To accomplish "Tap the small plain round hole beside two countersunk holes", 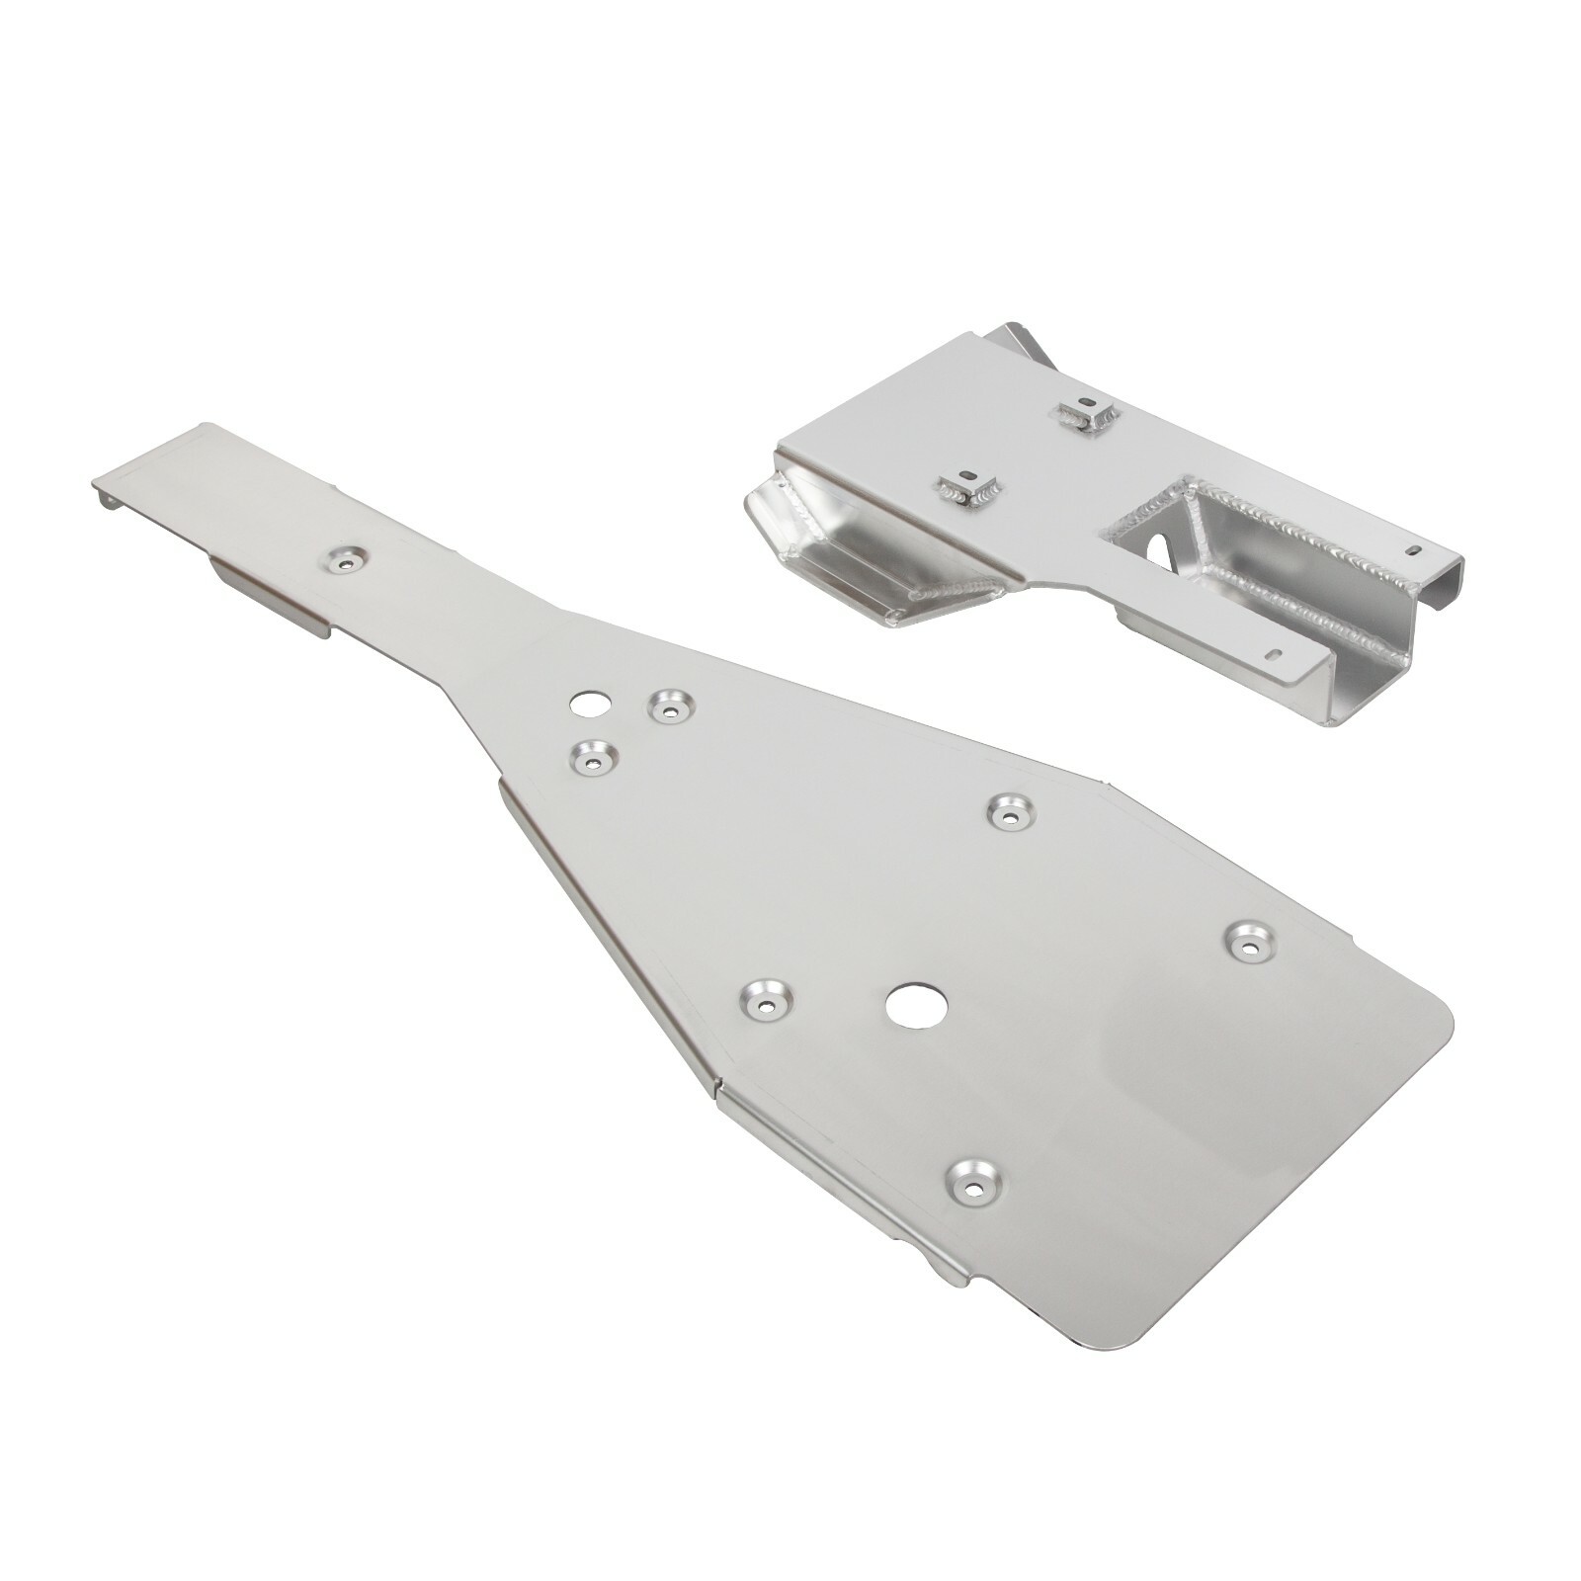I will pyautogui.click(x=589, y=705).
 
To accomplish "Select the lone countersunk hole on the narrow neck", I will pyautogui.click(x=345, y=560).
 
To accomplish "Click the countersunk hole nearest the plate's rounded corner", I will pyautogui.click(x=1251, y=941).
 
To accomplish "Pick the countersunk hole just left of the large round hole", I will pyautogui.click(x=767, y=1002).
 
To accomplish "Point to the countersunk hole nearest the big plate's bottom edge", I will pyautogui.click(x=973, y=1180).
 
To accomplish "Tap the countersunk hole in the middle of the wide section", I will pyautogui.click(x=1011, y=811).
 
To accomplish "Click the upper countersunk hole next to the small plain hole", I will pyautogui.click(x=671, y=706).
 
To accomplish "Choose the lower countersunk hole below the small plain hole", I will pyautogui.click(x=593, y=758).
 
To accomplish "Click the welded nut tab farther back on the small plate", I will pyautogui.click(x=1087, y=415).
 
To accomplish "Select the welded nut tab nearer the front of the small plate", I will pyautogui.click(x=968, y=487).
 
